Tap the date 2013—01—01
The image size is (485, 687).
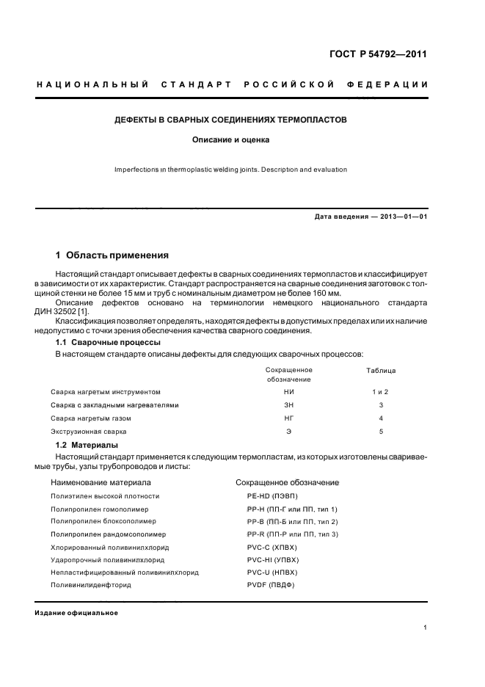click(x=401, y=217)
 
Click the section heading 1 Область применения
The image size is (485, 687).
click(x=112, y=255)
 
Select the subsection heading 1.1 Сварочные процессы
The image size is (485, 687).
click(x=109, y=343)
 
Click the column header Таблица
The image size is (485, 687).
click(x=381, y=371)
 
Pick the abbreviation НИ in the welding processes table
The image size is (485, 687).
click(x=288, y=392)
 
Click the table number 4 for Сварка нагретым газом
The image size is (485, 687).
click(x=381, y=418)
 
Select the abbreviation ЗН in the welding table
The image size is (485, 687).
click(x=288, y=405)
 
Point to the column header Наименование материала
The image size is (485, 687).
click(x=101, y=483)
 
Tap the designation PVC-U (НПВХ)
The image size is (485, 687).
click(x=272, y=572)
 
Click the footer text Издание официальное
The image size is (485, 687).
click(x=76, y=613)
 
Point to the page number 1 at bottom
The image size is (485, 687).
click(x=425, y=628)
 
